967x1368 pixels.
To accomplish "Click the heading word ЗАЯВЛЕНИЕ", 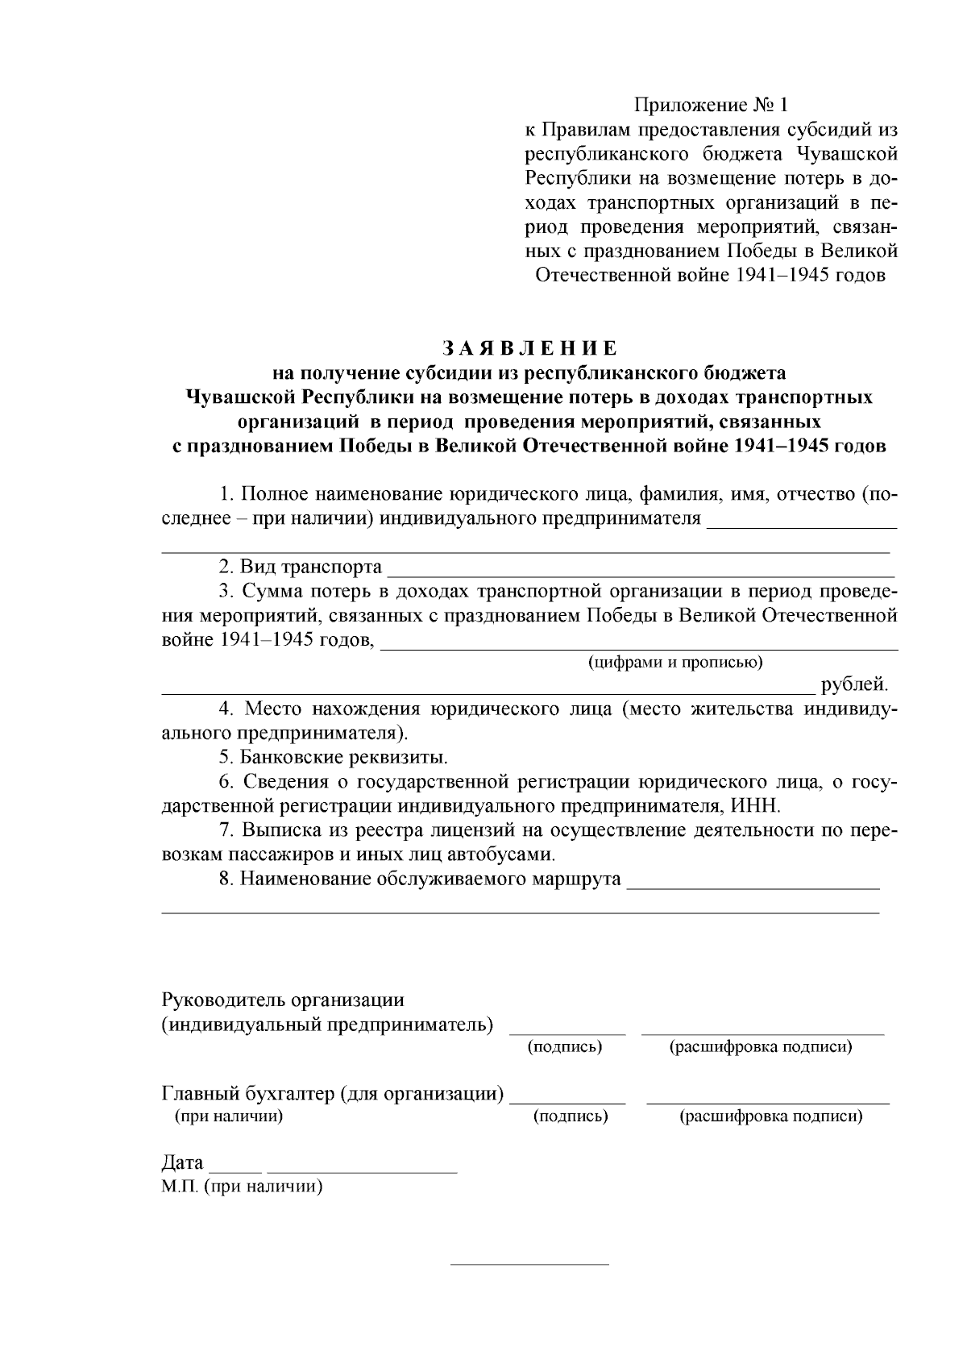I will [529, 348].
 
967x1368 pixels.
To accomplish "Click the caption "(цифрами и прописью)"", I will [674, 663].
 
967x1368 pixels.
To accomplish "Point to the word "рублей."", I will [854, 685].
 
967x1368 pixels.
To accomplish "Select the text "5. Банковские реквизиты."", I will [333, 758].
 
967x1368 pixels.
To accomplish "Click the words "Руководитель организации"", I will [283, 1000].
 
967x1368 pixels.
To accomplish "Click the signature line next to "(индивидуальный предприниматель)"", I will [567, 1031].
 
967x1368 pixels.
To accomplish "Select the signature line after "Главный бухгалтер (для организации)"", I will [568, 1100].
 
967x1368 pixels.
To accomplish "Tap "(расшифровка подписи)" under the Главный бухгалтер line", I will [770, 1117].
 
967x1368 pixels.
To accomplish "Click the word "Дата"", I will [183, 1162].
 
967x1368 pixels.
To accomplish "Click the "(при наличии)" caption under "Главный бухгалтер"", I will [229, 1117].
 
